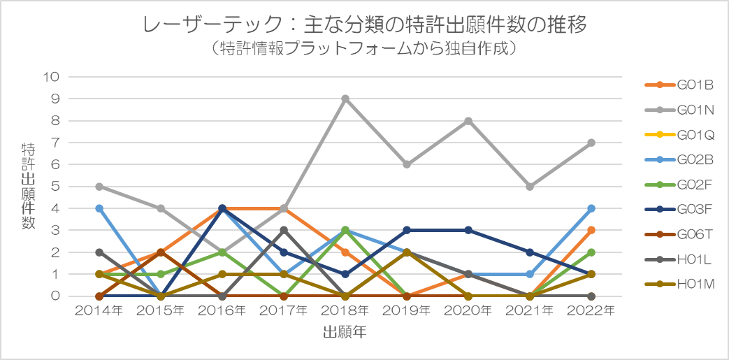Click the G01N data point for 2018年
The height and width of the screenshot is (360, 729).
[x=345, y=99]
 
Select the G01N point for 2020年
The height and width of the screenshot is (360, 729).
[x=468, y=121]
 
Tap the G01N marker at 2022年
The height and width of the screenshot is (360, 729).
[x=591, y=143]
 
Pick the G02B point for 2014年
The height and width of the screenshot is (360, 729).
[x=99, y=208]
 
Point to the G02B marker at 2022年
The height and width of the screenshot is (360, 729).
[x=591, y=208]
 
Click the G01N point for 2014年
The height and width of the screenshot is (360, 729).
[x=99, y=187]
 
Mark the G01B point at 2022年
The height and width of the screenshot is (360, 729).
[x=591, y=230]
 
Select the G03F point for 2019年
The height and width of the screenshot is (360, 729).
[x=407, y=230]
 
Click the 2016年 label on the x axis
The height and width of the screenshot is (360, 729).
[x=222, y=310]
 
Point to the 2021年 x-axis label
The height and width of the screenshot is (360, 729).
[x=530, y=310]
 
